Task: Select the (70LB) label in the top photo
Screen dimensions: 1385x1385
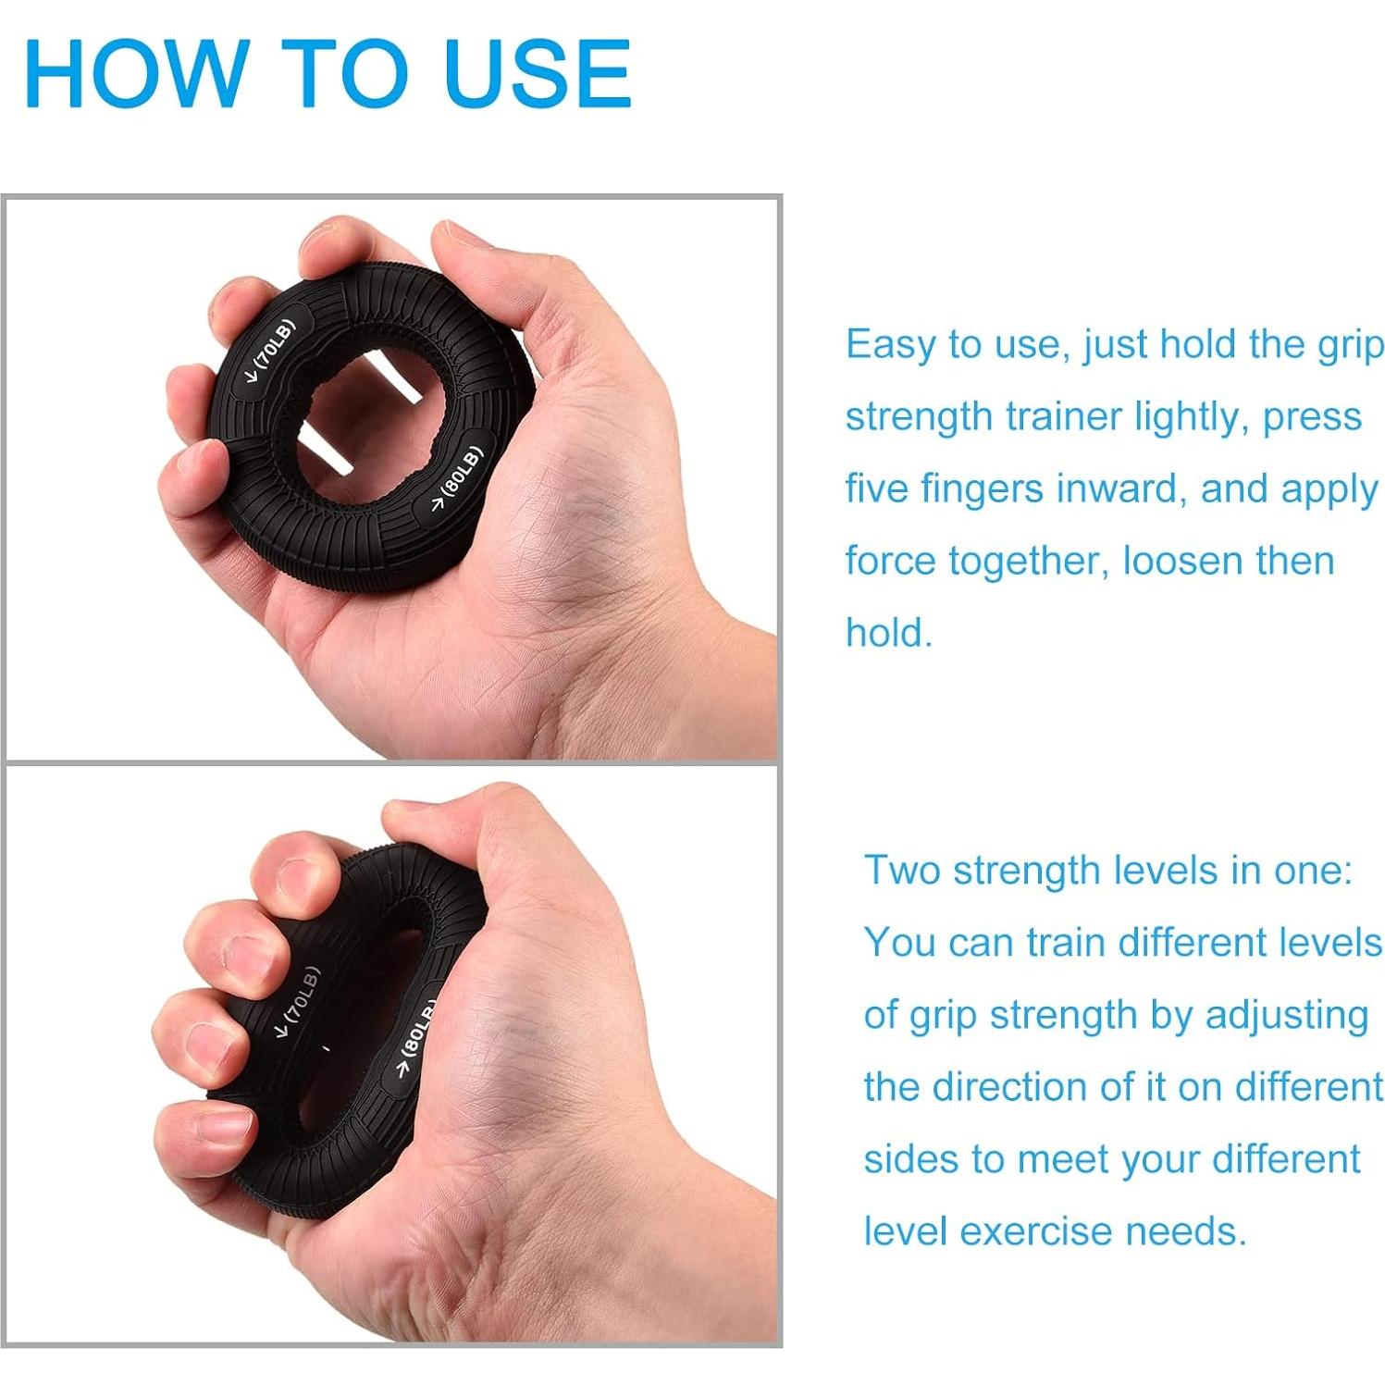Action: [x=270, y=352]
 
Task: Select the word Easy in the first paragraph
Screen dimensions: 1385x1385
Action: [x=890, y=345]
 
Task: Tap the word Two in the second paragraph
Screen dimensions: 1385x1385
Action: [x=902, y=871]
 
